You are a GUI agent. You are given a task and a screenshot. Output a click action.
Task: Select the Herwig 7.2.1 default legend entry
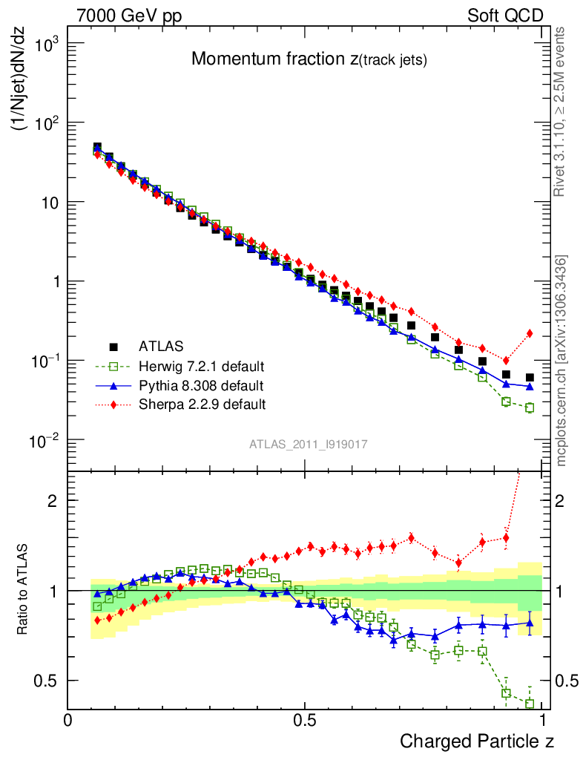pos(202,366)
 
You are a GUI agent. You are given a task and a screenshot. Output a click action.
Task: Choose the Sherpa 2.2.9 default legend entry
pos(202,404)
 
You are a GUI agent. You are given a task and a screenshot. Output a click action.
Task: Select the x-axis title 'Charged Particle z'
pos(477,741)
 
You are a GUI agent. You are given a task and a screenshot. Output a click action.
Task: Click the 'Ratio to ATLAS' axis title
pos(23,591)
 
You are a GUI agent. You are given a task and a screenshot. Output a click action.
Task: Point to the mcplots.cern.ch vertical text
pos(561,361)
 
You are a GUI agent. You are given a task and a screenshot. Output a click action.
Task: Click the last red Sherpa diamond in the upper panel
pos(530,333)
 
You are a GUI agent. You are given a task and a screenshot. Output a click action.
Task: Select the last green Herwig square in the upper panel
pos(530,407)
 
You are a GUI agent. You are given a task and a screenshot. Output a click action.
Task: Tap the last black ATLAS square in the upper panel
pos(530,378)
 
